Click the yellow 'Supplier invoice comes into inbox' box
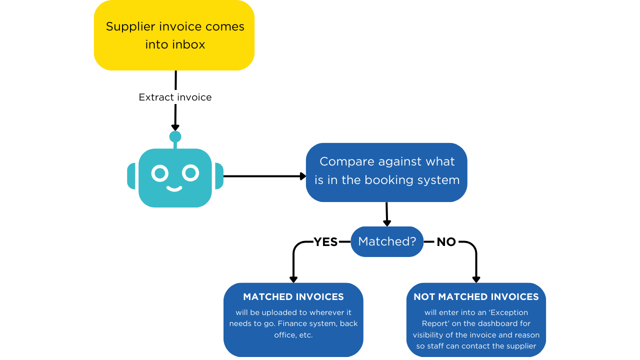tap(174, 35)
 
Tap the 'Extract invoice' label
tap(175, 97)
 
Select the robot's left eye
tap(160, 173)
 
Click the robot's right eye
tap(190, 173)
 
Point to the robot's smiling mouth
tap(174, 188)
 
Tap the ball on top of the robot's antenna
tap(175, 136)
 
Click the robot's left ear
tap(131, 176)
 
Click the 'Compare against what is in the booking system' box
tap(386, 171)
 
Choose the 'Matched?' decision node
tap(387, 241)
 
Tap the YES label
tap(325, 242)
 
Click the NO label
tap(446, 242)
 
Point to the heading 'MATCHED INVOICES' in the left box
tap(293, 297)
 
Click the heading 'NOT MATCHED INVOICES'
tap(476, 297)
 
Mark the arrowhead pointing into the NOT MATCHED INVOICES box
tap(476, 279)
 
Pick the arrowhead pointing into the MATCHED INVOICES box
tap(293, 279)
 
